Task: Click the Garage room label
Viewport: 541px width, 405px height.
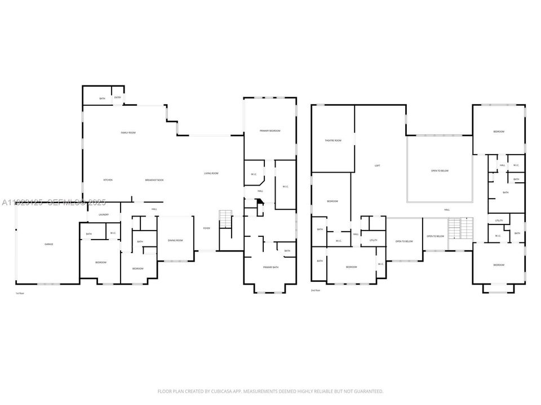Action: pos(49,244)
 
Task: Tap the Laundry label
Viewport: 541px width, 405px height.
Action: pos(103,214)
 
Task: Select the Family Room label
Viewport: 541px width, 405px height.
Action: pos(128,133)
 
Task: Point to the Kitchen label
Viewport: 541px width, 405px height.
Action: pos(108,180)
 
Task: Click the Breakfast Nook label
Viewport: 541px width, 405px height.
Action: pos(154,180)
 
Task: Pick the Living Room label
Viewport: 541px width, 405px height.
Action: pos(211,173)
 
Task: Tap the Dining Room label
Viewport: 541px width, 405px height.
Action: pos(175,241)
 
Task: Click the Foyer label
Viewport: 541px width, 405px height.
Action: pos(206,228)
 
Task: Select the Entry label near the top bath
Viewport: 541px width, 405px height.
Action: pos(118,97)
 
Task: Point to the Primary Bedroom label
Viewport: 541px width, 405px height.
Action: pos(270,130)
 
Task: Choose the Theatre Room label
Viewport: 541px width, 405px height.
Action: pos(333,141)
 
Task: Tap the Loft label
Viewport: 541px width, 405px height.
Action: pos(377,166)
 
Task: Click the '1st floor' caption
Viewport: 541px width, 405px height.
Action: pos(20,294)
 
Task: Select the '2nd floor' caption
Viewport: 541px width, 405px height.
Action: pos(316,290)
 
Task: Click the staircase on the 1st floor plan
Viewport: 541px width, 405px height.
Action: pos(225,219)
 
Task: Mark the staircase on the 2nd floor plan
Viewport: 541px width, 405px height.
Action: pos(460,228)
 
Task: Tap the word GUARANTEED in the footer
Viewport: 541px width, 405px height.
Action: pos(366,391)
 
